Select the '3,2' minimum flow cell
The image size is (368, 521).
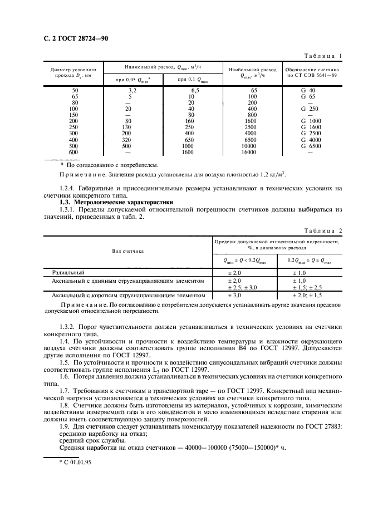click(133, 90)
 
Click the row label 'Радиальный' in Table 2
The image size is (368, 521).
click(68, 273)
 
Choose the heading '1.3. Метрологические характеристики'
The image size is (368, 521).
click(116, 202)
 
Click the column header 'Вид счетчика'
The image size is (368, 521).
click(127, 251)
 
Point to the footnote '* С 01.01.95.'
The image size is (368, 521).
click(70, 462)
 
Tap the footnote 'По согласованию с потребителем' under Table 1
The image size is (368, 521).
click(109, 165)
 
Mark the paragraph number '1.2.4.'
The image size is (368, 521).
click(70, 188)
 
